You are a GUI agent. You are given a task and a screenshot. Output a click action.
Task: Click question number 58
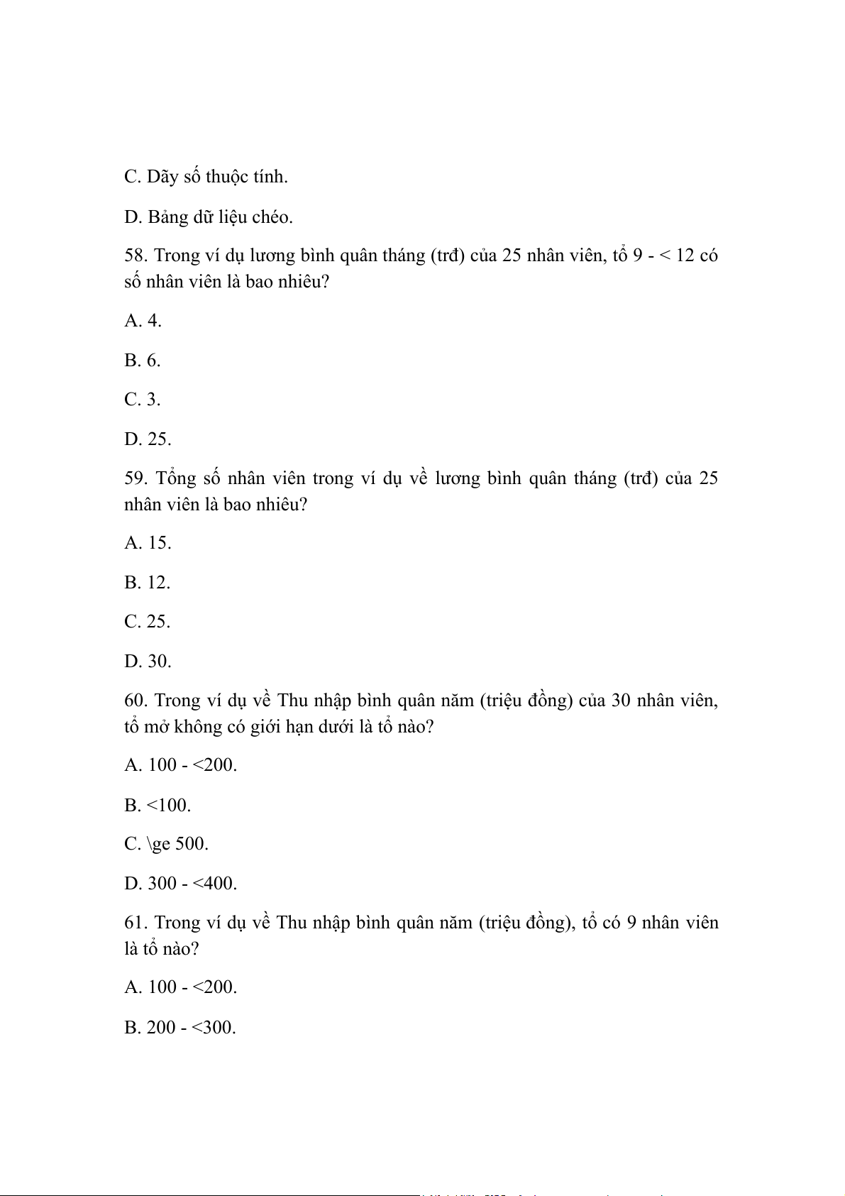(x=136, y=256)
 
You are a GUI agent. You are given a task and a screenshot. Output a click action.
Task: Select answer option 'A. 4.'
(x=143, y=321)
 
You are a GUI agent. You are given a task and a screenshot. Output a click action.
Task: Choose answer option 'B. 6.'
(x=143, y=361)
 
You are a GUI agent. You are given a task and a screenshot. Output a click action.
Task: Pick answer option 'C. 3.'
(x=143, y=400)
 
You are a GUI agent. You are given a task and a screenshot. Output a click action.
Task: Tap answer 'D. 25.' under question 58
(x=148, y=439)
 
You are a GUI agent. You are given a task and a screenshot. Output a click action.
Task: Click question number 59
(x=136, y=478)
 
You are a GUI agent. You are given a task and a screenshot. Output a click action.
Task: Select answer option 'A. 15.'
(x=148, y=543)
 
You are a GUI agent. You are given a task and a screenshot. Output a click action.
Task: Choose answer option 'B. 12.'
(x=148, y=583)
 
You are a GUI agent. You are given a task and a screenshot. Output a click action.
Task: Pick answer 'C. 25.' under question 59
(x=148, y=622)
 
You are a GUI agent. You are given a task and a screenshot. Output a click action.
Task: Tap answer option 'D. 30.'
(x=148, y=662)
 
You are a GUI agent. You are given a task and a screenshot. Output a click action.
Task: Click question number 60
(x=136, y=701)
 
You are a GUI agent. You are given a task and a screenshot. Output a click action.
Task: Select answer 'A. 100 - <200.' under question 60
(x=180, y=765)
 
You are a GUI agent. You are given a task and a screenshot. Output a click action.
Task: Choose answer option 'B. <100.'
(x=158, y=806)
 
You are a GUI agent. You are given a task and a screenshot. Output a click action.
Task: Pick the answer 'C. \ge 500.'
(x=166, y=844)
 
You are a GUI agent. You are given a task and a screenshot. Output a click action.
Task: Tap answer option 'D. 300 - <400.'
(x=180, y=884)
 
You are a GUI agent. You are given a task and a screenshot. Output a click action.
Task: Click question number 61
(x=136, y=923)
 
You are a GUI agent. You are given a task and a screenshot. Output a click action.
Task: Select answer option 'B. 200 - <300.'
(x=180, y=1028)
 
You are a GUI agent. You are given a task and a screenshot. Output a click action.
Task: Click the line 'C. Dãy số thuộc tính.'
(x=206, y=177)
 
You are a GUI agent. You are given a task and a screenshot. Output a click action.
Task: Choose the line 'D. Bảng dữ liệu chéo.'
(x=209, y=217)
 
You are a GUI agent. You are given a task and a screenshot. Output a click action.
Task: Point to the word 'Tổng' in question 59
(x=175, y=478)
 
